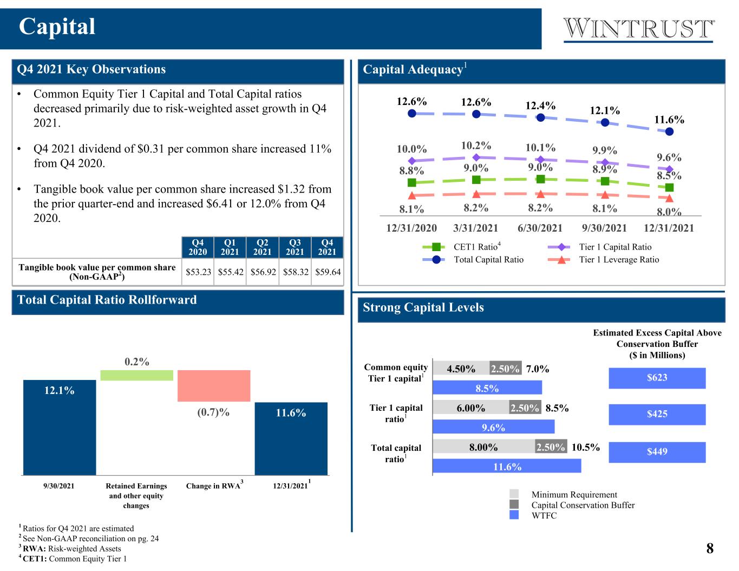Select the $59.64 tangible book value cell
[x=328, y=272]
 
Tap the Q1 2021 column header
[x=230, y=247]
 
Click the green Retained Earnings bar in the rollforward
[x=137, y=375]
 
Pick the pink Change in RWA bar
[x=214, y=386]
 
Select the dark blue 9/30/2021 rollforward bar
[x=60, y=427]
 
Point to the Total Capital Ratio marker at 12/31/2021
[x=669, y=132]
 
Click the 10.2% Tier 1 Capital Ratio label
[x=476, y=146]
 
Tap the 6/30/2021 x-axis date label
[x=540, y=228]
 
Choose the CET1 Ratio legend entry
[x=461, y=247]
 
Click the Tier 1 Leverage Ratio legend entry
[x=603, y=260]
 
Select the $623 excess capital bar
[x=657, y=378]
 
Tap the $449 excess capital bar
[x=657, y=452]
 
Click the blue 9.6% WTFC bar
[x=493, y=427]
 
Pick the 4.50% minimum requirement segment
[x=461, y=368]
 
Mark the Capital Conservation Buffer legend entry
[x=572, y=505]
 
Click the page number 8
[x=710, y=548]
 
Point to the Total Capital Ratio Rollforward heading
[x=107, y=300]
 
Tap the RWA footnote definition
[x=71, y=548]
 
